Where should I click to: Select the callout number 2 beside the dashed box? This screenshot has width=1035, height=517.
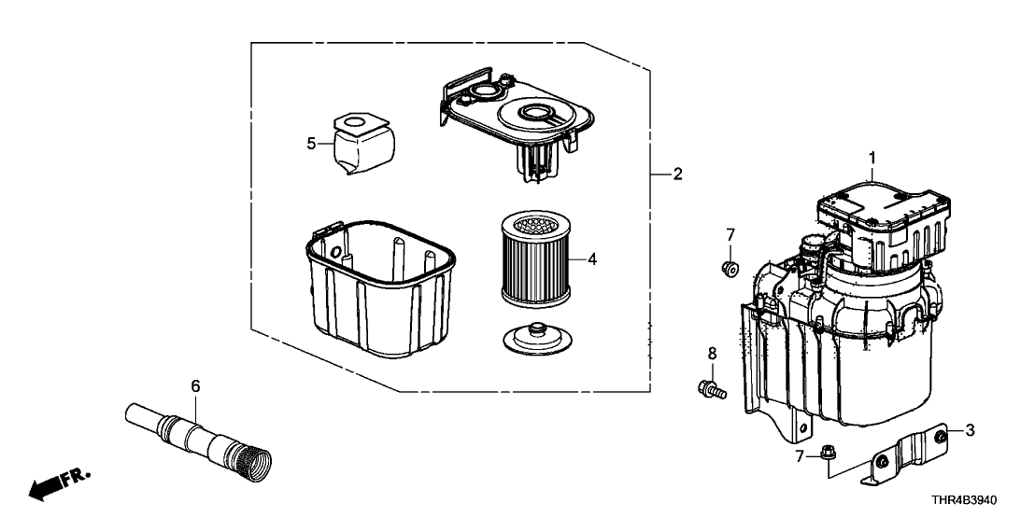tap(678, 175)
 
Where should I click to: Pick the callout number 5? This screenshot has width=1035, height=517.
tap(311, 143)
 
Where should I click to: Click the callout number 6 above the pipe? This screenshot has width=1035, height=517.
tap(195, 385)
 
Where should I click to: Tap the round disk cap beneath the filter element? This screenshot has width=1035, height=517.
tap(536, 335)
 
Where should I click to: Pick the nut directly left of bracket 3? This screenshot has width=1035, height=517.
tap(829, 454)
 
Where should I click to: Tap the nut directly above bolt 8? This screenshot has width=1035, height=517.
tap(730, 270)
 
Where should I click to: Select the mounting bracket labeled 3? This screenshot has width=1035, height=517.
tap(911, 452)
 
